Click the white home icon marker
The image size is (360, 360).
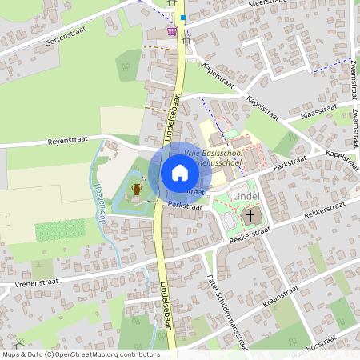(180, 172)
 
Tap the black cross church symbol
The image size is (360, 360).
(250, 215)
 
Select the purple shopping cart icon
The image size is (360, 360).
(172, 31)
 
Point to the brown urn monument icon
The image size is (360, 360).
(137, 189)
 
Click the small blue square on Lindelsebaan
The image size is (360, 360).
(182, 17)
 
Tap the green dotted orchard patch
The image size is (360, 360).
(61, 230)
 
